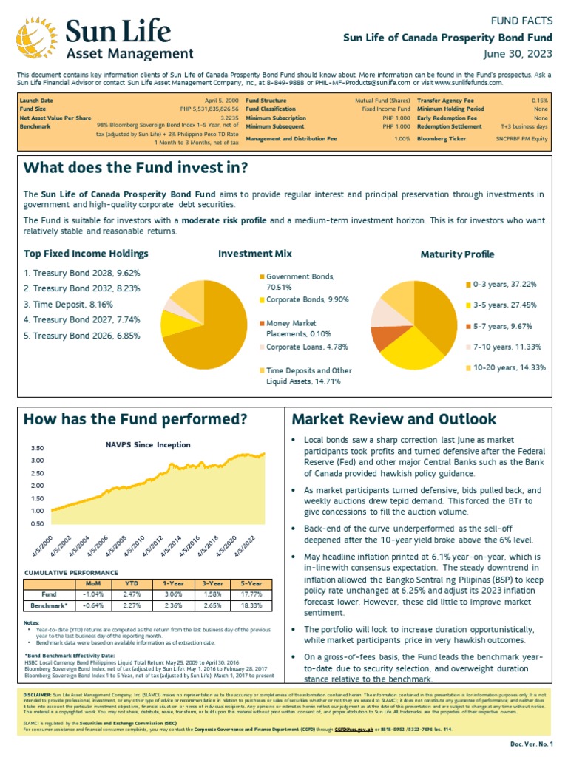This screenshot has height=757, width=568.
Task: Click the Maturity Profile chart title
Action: tap(457, 254)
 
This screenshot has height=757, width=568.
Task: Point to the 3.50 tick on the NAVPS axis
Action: tap(38, 448)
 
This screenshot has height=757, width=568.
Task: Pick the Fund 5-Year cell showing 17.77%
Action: tap(250, 594)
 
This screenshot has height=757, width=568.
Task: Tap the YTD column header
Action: tap(131, 583)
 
